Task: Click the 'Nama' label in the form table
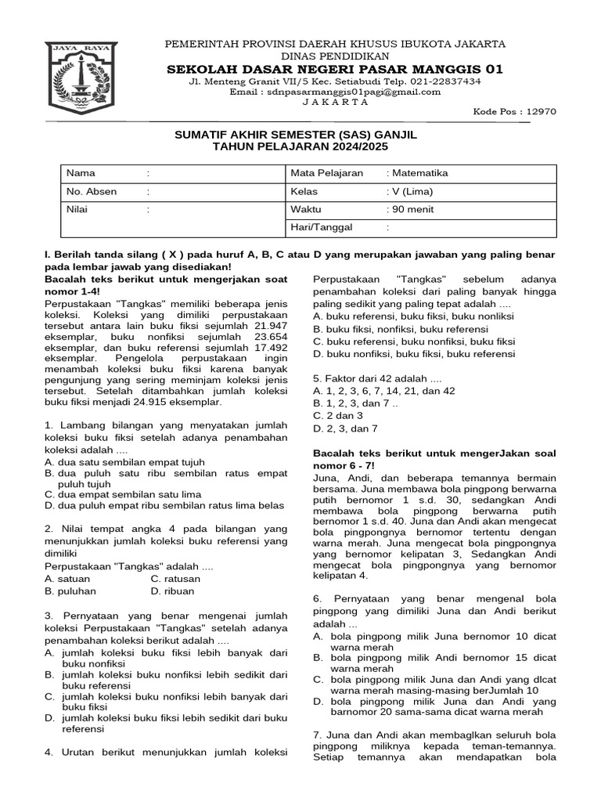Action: (x=80, y=173)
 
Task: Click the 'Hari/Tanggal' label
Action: (x=322, y=227)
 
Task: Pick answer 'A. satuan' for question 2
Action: (x=68, y=579)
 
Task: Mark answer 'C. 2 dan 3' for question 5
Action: (x=337, y=415)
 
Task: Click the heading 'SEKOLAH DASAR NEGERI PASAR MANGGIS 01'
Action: (x=334, y=69)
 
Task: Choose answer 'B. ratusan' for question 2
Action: (x=175, y=579)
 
